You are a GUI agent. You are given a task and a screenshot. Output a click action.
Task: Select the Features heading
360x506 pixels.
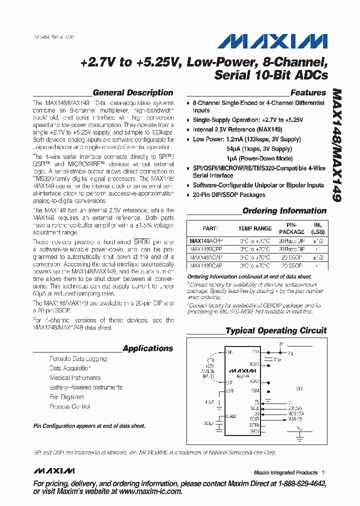tap(308, 92)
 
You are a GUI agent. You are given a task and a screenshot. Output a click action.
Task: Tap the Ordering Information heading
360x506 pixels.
tap(284, 211)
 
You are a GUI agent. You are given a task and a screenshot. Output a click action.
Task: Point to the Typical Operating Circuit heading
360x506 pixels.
tap(276, 331)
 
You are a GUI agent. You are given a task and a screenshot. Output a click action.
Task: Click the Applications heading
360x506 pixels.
tap(147, 348)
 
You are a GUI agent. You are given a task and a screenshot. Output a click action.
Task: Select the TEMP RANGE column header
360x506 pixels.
tap(255, 228)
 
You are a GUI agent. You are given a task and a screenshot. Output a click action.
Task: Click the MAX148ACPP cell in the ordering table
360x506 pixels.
tap(206, 240)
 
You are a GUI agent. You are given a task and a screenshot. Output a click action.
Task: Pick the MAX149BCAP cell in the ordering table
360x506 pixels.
tap(206, 266)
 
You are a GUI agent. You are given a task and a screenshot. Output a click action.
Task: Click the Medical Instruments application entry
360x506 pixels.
tap(75, 378)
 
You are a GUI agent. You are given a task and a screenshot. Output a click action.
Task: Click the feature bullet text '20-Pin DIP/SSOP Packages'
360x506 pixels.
tap(229, 195)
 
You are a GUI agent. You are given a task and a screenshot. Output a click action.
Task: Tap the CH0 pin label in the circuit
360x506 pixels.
tap(229, 352)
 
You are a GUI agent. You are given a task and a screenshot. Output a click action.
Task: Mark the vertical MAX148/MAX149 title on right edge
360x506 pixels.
tap(335, 145)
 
